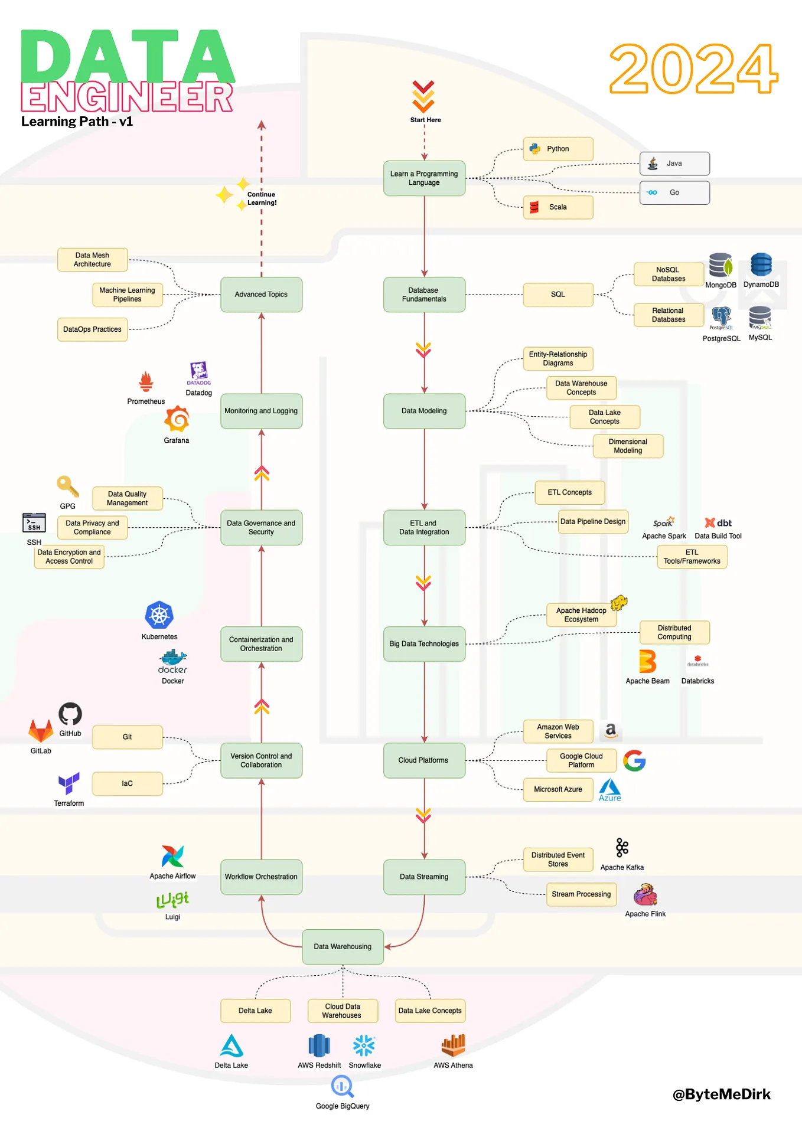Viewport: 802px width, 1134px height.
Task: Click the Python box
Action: (558, 149)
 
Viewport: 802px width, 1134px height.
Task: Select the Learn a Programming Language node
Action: (424, 178)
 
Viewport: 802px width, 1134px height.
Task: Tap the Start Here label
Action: (425, 120)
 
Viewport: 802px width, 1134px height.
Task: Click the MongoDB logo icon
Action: (720, 266)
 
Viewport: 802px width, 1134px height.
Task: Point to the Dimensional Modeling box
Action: (627, 446)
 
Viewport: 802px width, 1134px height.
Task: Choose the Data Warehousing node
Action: (343, 946)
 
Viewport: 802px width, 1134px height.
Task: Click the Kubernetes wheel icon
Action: (159, 616)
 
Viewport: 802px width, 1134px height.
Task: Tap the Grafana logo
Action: (177, 420)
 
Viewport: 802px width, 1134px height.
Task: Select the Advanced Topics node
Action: (261, 295)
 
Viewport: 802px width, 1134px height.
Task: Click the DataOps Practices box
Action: (92, 329)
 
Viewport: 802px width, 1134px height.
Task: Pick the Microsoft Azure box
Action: (558, 789)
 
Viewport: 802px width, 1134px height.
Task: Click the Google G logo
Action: (634, 760)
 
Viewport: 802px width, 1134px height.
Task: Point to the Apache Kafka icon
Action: (622, 848)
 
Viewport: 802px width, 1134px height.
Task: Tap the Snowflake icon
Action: (364, 1045)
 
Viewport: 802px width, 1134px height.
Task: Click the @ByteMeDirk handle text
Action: (721, 1094)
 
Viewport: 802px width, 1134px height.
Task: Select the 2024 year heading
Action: (693, 68)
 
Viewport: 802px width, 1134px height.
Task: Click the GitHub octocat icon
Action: (70, 714)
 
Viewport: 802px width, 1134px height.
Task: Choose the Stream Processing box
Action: (581, 894)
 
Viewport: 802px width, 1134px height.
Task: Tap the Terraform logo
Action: (69, 783)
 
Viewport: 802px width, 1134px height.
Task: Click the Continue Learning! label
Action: (262, 198)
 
